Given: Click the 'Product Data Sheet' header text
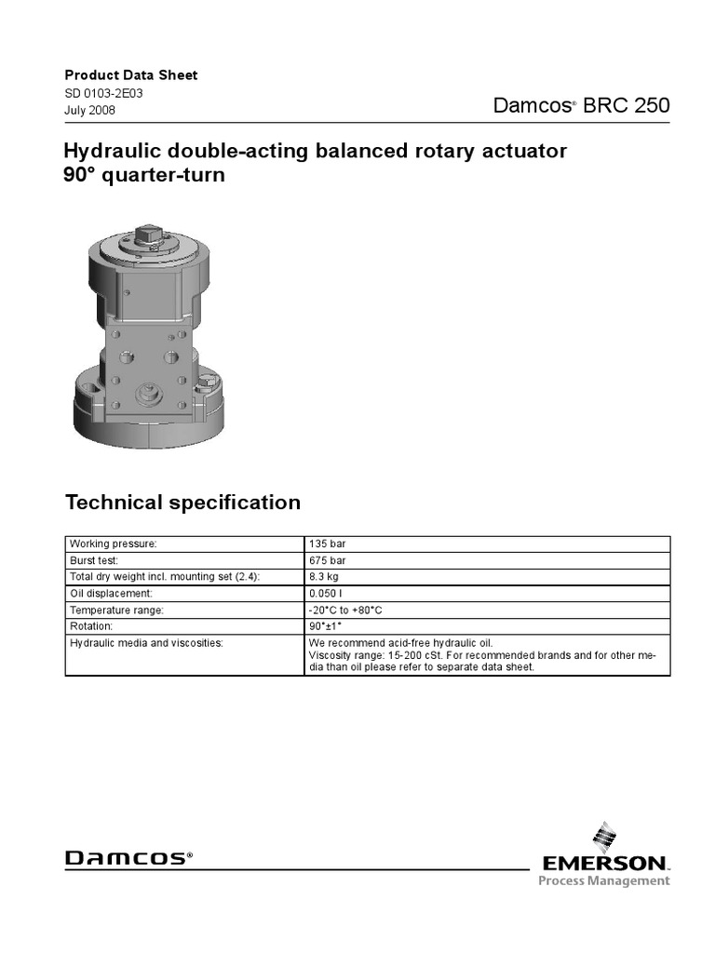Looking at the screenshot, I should point(130,75).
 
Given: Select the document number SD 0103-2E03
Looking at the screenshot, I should point(103,93).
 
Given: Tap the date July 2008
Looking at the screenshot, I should point(90,111).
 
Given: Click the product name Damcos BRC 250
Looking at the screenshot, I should point(581,105).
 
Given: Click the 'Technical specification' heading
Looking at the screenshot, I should point(182,503).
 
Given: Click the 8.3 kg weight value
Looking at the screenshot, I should point(323,577).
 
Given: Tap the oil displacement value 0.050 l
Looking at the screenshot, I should point(326,594).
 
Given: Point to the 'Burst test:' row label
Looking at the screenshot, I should point(97,560).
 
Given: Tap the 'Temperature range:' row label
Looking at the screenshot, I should point(116,611).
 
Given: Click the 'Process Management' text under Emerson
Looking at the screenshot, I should point(603,881).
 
